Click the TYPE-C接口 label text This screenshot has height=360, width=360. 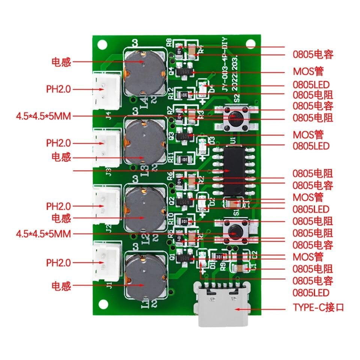pyautogui.click(x=318, y=308)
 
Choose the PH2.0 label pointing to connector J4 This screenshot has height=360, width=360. pyautogui.click(x=58, y=89)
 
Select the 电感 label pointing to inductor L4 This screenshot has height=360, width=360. pyautogui.click(x=61, y=62)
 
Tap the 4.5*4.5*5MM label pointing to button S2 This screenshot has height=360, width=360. pyautogui.click(x=43, y=116)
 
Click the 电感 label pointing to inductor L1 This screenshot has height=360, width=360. pyautogui.click(x=61, y=286)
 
